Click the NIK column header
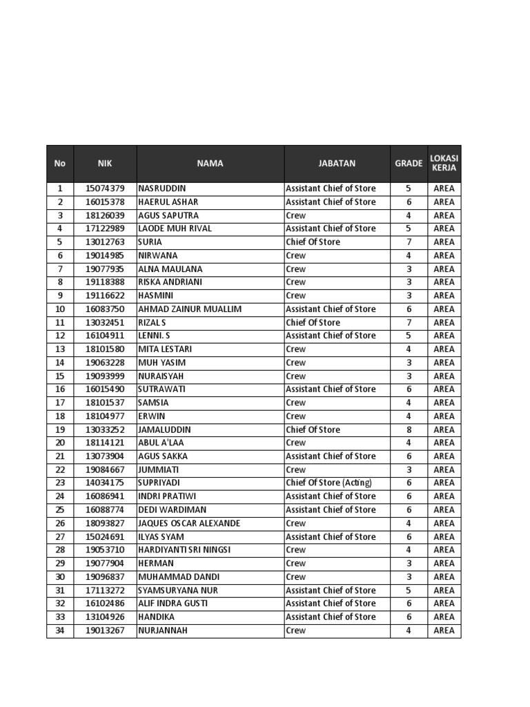pos(105,164)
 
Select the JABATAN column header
pos(337,164)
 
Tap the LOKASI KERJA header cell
pos(444,163)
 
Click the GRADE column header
pos(409,164)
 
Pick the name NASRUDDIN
pos(162,188)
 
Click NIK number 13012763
pos(105,242)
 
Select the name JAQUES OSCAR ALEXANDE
pos(189,523)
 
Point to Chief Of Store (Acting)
pos(328,483)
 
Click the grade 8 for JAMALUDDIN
pos(408,429)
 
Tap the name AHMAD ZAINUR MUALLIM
pos(190,309)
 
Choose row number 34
pos(60,630)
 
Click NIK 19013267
pos(105,630)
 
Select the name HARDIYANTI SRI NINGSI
pos(184,550)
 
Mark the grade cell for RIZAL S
pos(408,322)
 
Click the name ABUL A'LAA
pos(161,443)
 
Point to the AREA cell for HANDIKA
pos(444,617)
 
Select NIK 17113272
pos(105,590)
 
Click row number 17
pos(60,403)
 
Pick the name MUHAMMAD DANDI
pos(179,577)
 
